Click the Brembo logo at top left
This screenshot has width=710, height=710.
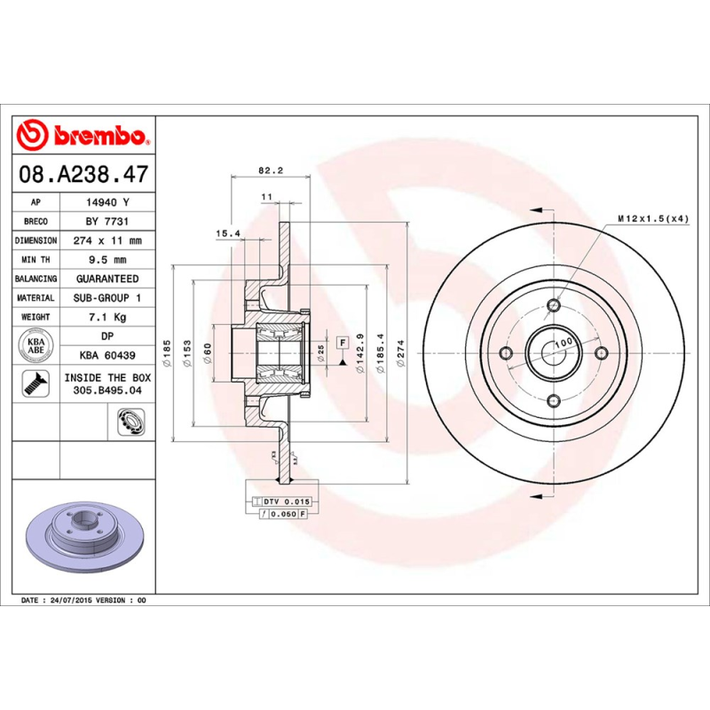83,136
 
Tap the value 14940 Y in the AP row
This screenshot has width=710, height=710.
107,202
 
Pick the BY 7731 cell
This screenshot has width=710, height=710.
107,221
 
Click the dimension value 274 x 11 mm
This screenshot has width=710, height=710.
107,241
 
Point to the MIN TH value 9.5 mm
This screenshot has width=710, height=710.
107,259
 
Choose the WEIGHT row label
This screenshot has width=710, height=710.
35,317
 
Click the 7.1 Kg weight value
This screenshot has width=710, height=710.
107,317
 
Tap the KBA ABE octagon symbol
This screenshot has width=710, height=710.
35,344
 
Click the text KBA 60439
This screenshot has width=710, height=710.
107,355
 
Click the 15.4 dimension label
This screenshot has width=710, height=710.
228,233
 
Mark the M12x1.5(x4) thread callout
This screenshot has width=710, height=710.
652,217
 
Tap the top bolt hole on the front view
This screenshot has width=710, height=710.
554,306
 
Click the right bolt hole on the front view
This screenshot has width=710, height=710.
601,353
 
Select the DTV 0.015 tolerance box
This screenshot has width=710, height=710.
283,502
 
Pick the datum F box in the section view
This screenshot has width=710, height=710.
341,341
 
